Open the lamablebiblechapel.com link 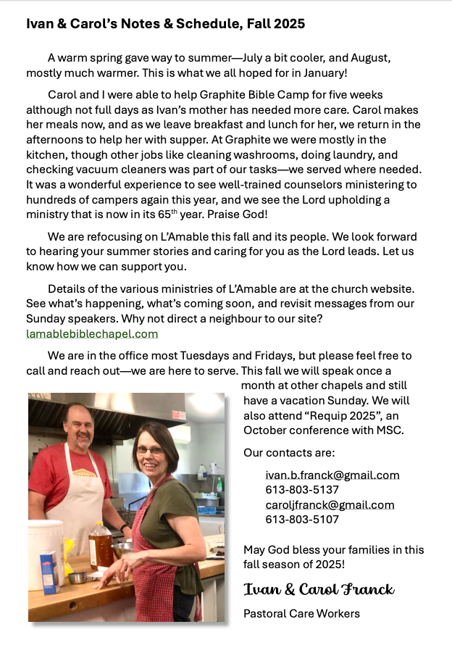(92, 334)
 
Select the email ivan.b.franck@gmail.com (332, 475)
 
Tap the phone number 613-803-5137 (302, 490)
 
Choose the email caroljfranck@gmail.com (330, 505)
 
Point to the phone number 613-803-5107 (302, 520)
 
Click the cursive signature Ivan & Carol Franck (319, 588)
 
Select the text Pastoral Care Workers (301, 614)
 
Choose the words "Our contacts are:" (289, 453)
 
